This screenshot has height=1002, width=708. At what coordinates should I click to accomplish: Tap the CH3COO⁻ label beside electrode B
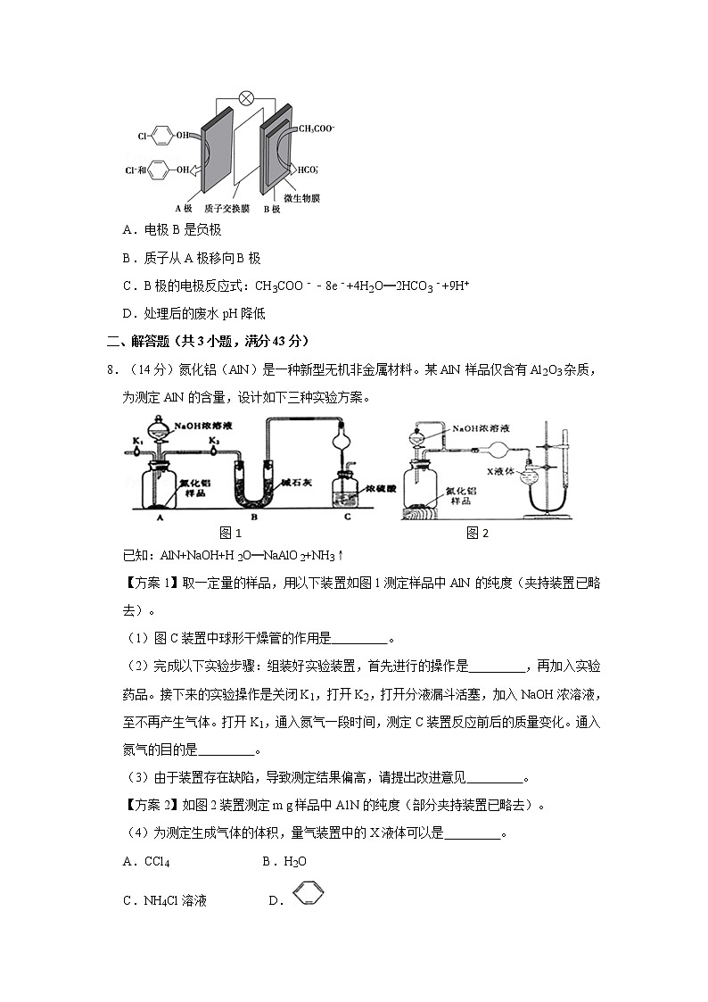pyautogui.click(x=316, y=128)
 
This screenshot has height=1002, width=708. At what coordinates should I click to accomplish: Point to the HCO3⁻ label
pyautogui.click(x=309, y=169)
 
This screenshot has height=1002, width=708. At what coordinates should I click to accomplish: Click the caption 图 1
pyautogui.click(x=231, y=533)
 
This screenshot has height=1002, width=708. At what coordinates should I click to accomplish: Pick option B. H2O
pyautogui.click(x=284, y=862)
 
